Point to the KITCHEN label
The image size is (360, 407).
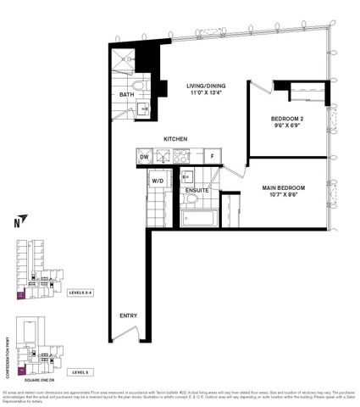coord(175,139)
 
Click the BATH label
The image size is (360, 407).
coord(127,94)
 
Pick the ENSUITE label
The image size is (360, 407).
coord(197,191)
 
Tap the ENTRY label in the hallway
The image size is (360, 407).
coord(128,316)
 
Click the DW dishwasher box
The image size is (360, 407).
coord(144,157)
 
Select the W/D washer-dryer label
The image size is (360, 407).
coord(158,181)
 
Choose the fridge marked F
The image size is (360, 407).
coord(212,157)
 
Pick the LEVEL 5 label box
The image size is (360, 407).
coord(79,371)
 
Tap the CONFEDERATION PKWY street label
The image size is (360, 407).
coord(9,351)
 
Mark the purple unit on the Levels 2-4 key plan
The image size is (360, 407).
coord(21,297)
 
